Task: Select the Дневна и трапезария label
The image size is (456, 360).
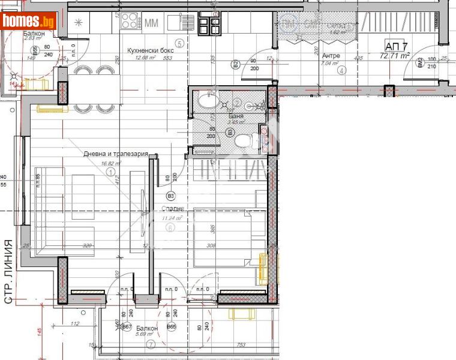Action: pyautogui.click(x=116, y=154)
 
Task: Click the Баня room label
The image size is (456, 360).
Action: pyautogui.click(x=236, y=115)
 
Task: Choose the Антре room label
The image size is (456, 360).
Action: pyautogui.click(x=329, y=55)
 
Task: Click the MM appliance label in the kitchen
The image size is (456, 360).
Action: pyautogui.click(x=152, y=23)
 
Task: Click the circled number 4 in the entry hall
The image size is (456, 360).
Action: pyautogui.click(x=342, y=70)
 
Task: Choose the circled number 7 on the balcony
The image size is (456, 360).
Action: pyautogui.click(x=151, y=344)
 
